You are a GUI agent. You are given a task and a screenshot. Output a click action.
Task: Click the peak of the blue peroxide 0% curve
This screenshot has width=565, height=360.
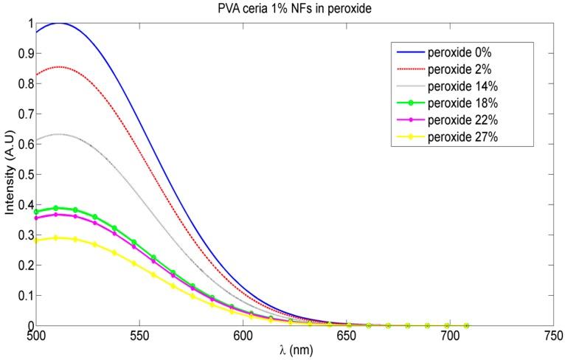(59, 23)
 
